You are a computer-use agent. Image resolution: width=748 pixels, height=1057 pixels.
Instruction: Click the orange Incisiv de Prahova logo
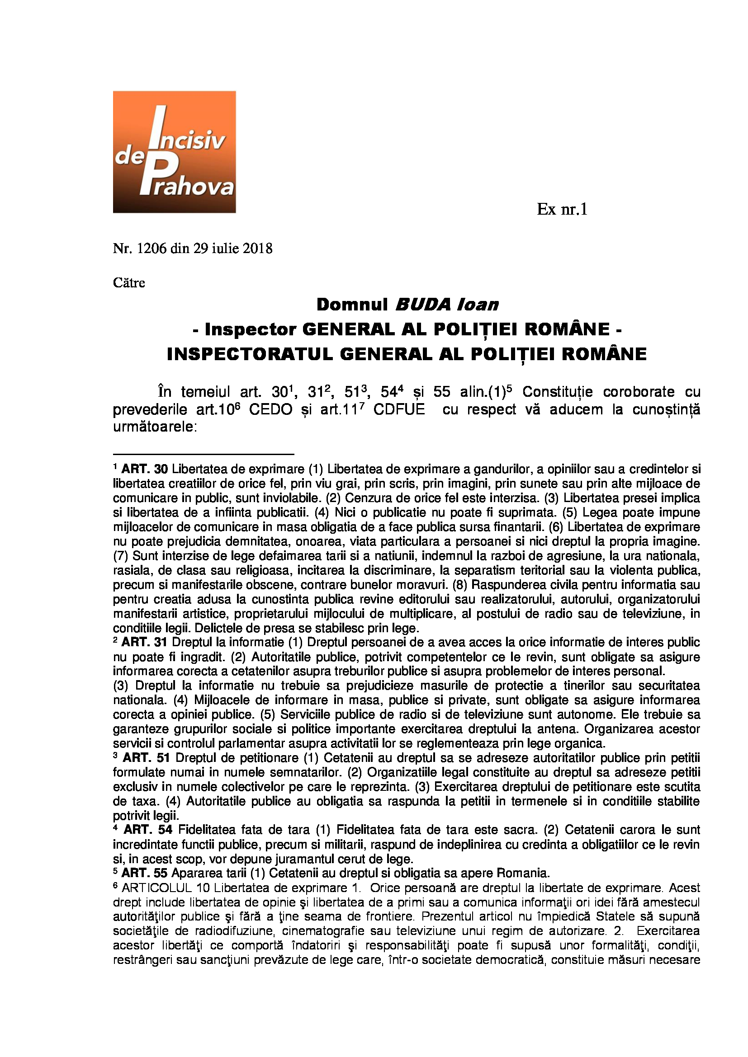174,152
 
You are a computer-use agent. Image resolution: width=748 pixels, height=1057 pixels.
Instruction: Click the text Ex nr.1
562,210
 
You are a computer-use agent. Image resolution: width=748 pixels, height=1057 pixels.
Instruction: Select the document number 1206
151,249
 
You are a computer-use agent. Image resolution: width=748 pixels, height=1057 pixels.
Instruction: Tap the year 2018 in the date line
257,249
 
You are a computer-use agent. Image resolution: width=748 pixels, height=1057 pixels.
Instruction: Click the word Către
129,282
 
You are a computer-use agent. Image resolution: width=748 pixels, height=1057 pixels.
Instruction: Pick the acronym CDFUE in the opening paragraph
399,410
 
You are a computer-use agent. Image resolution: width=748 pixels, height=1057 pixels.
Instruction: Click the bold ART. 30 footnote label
145,469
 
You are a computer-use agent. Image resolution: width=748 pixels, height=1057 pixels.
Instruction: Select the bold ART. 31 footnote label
145,642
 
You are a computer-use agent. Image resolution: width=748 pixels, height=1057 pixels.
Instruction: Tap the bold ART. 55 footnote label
145,874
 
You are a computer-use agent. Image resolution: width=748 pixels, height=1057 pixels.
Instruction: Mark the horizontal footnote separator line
203,454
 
